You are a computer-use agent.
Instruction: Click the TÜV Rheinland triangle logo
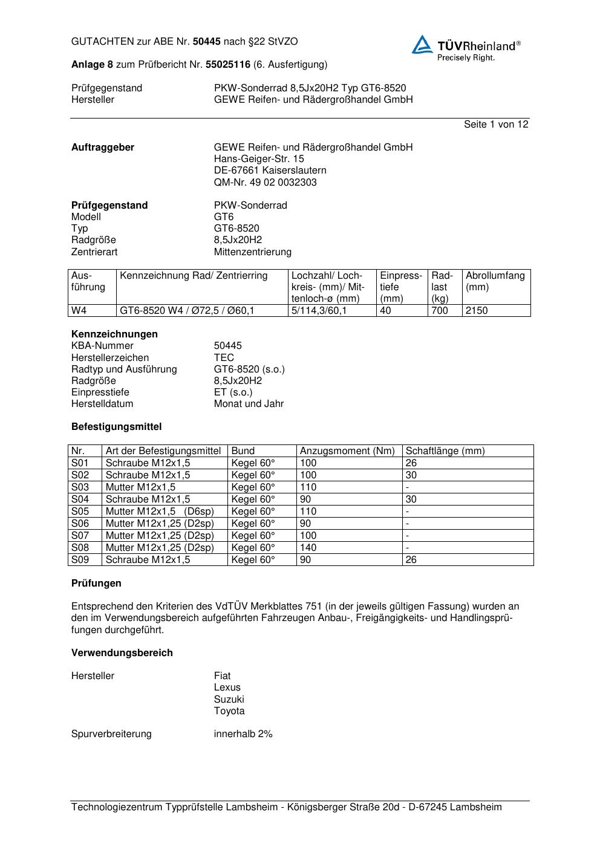pos(422,45)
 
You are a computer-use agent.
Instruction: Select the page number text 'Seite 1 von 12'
pos(496,125)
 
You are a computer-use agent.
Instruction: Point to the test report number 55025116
pos(228,64)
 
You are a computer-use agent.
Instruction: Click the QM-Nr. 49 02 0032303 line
pos(265,182)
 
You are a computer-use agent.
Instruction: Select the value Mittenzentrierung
pos(252,252)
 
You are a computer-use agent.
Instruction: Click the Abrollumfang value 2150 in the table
pos(477,311)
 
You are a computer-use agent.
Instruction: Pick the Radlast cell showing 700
pos(440,311)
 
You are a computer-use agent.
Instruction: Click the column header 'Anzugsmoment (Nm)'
pos(347,451)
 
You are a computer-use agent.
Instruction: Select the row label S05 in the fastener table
pos(80,512)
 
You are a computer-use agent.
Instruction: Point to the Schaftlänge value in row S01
pos(411,463)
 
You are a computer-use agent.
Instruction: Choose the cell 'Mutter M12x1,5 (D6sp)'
pos(160,512)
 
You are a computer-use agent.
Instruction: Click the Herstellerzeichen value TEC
pos(224,357)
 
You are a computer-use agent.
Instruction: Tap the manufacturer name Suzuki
pos(229,700)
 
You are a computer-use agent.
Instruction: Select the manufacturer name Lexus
pos(227,688)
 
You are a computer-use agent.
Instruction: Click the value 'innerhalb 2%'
pos(243,734)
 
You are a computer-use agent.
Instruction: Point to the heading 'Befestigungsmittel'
pos(116,427)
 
